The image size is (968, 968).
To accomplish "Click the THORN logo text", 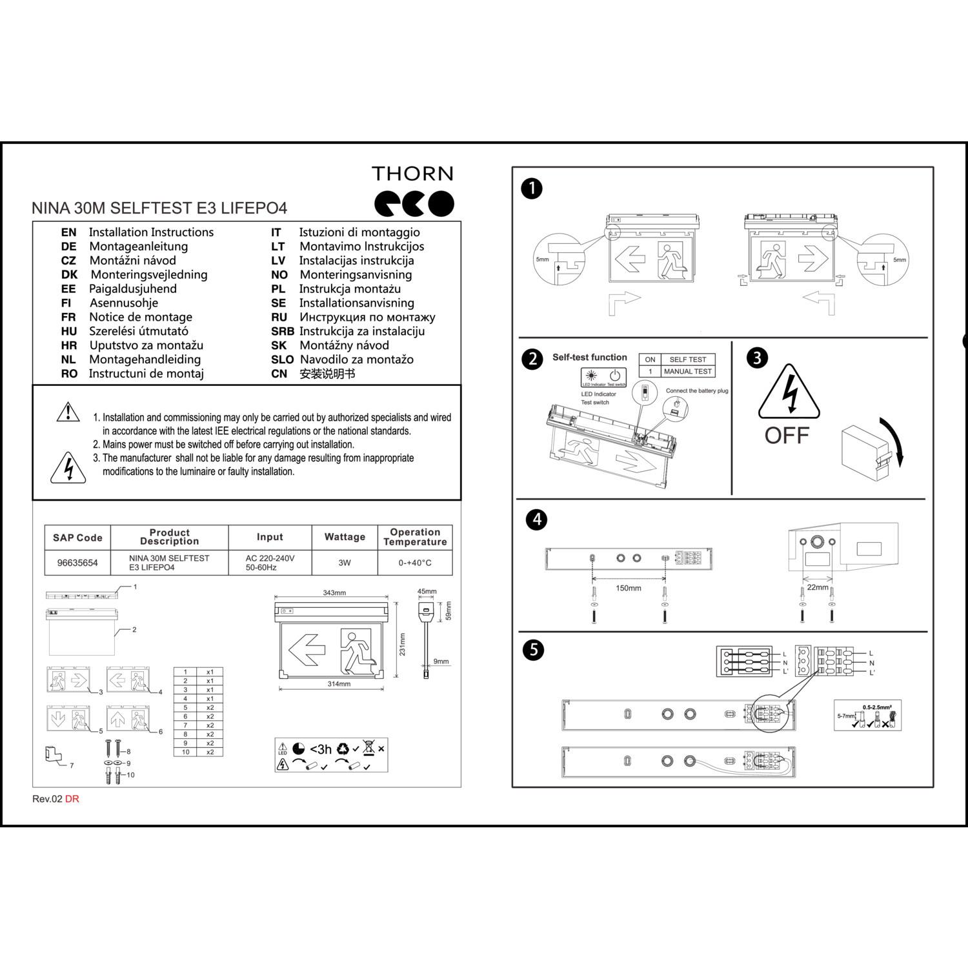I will tap(412, 174).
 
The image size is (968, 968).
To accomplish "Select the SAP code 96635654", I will tap(77, 563).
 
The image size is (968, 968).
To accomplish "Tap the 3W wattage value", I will tap(345, 563).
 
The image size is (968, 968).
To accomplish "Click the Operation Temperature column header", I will tap(415, 537).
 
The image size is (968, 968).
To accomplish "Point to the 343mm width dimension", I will tap(334, 592).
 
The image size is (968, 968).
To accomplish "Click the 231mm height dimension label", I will tap(403, 644).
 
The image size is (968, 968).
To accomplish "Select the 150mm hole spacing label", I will tap(628, 589).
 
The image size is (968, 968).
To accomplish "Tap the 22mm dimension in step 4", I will tap(817, 587).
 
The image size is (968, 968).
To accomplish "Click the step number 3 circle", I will tap(757, 358).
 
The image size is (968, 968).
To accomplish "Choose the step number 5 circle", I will tap(533, 649).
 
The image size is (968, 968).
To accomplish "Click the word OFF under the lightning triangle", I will tap(787, 436).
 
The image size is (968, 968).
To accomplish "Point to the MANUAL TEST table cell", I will tap(687, 372).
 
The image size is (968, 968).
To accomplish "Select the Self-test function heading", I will tap(589, 358).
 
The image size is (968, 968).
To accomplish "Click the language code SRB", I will tap(282, 332).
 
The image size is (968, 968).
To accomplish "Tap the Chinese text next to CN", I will tap(327, 374).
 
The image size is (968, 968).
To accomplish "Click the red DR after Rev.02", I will tap(72, 799).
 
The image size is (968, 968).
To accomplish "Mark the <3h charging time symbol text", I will tap(321, 749).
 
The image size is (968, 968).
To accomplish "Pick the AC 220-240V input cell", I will tap(270, 563).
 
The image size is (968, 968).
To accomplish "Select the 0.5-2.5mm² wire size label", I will tap(876, 707).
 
